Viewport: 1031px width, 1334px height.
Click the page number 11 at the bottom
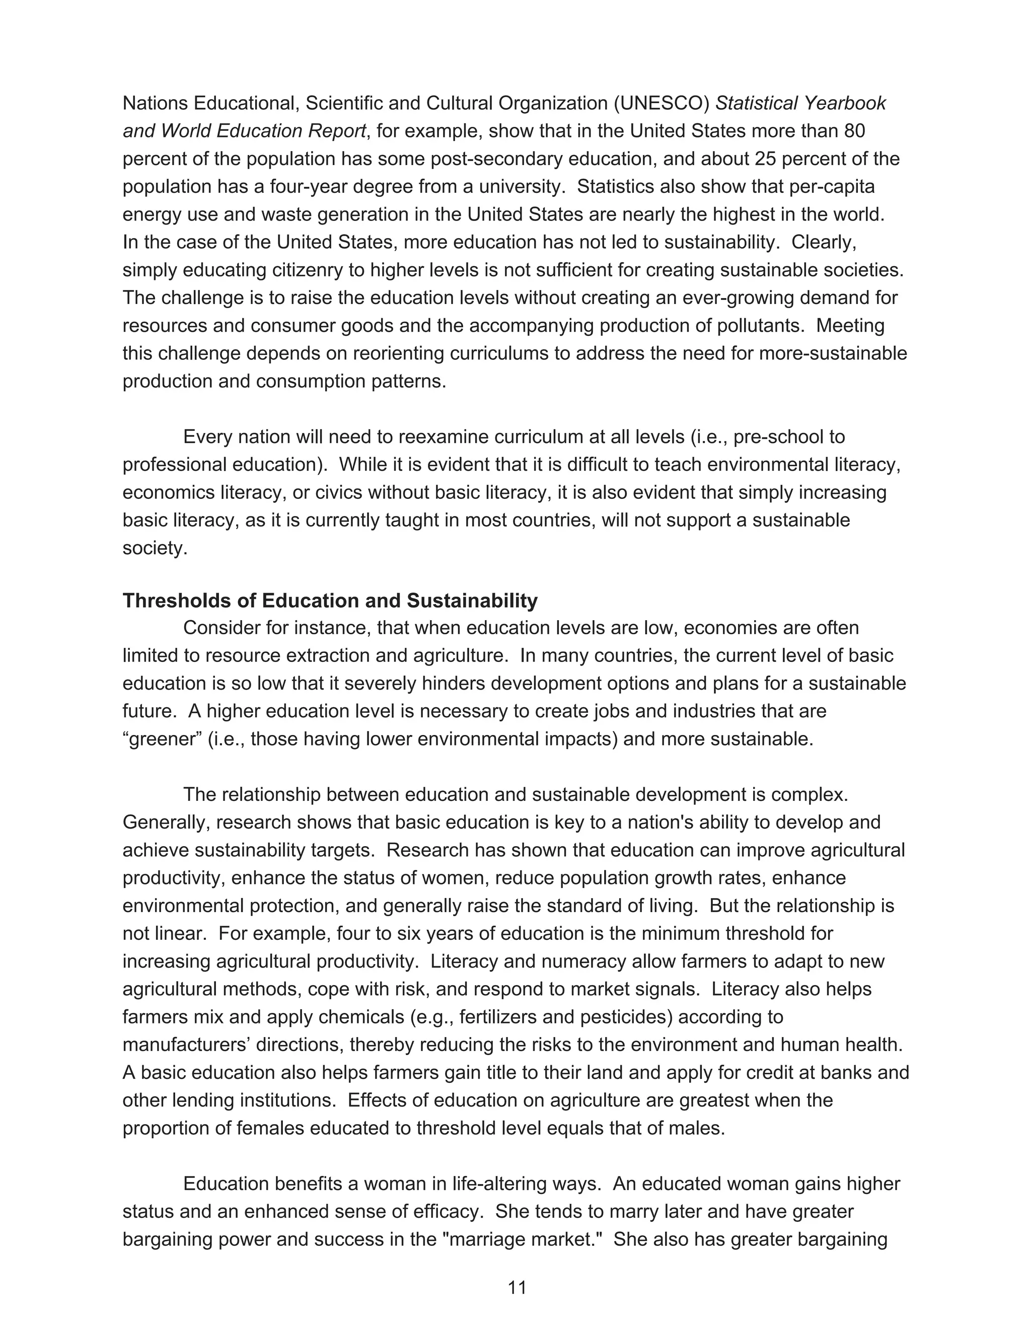coord(517,1288)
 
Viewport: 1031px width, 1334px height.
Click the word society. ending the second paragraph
coord(155,548)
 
